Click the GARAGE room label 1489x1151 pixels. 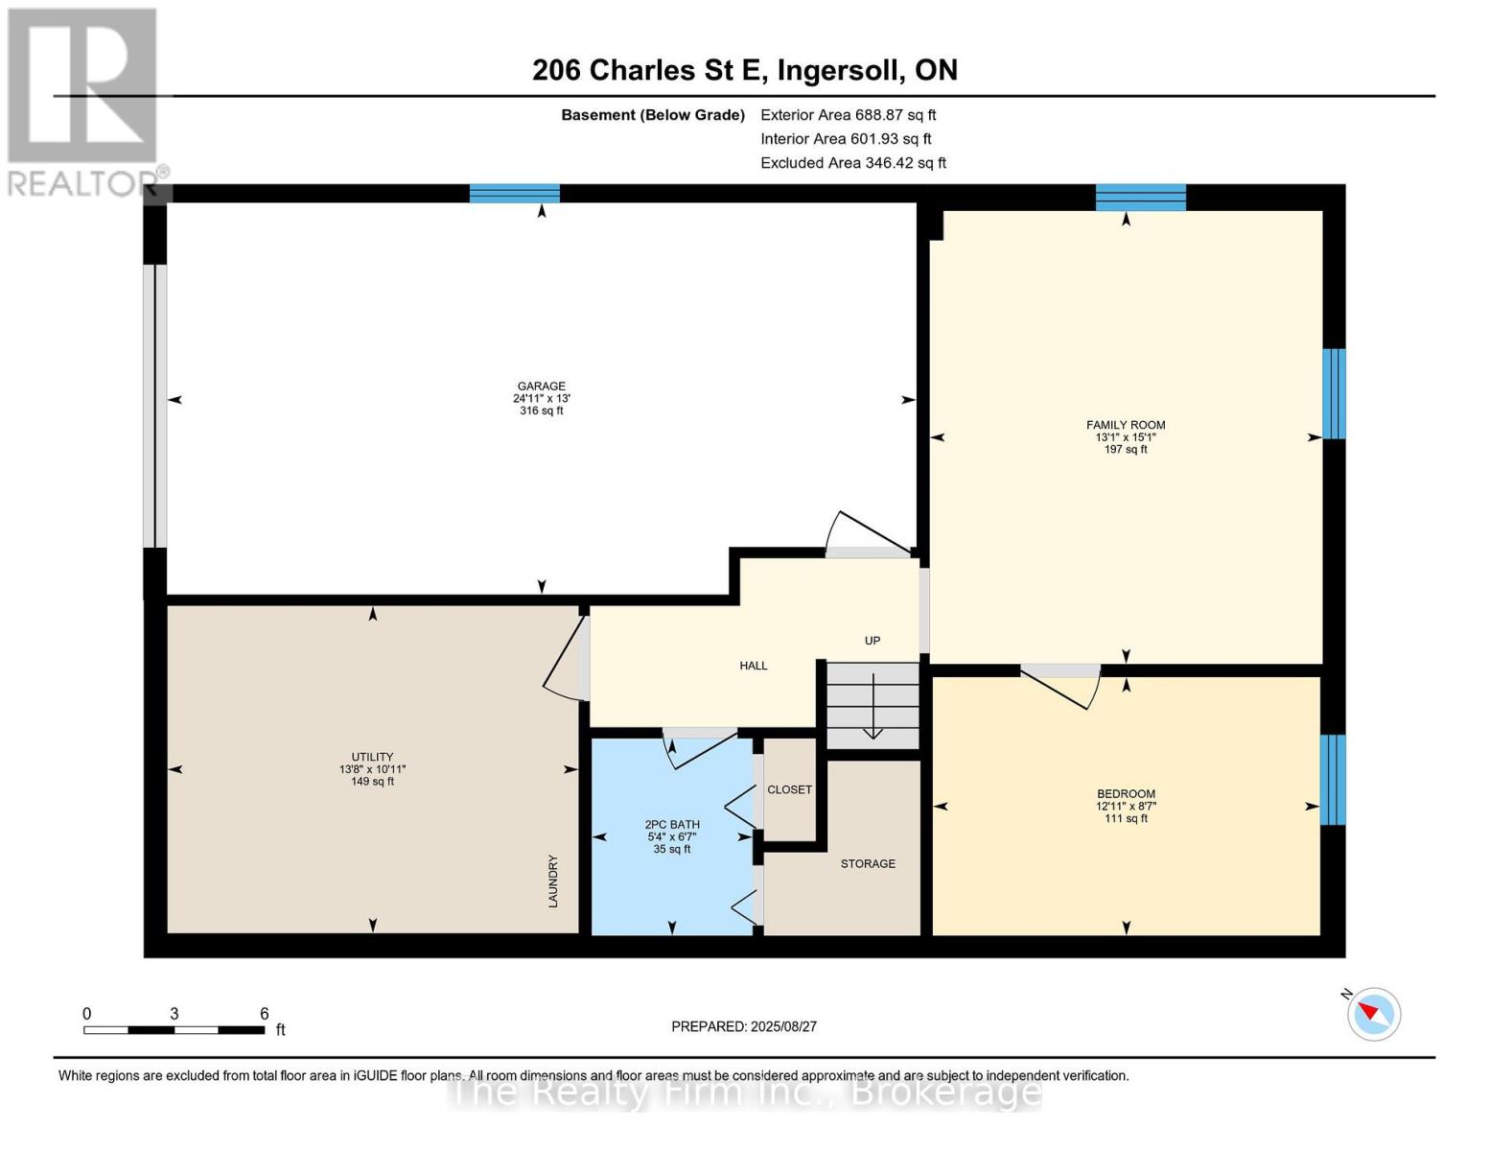click(542, 386)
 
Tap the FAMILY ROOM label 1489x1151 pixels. click(1126, 425)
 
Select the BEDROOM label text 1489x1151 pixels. click(1126, 794)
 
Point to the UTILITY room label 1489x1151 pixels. click(372, 757)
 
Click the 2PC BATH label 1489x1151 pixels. click(672, 825)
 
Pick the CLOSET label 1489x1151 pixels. click(789, 789)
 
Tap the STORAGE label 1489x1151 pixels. click(868, 864)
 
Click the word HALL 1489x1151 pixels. click(753, 666)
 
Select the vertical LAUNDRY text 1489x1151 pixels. click(553, 881)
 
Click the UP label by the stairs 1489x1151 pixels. click(872, 641)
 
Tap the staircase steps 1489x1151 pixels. click(872, 705)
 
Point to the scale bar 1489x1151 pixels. click(174, 1030)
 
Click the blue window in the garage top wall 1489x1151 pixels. click(515, 194)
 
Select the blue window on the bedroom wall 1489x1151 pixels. click(1333, 780)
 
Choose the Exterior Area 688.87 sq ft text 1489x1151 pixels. click(848, 115)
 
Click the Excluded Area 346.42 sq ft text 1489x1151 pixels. click(853, 163)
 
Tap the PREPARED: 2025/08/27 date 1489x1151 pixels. click(744, 1027)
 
